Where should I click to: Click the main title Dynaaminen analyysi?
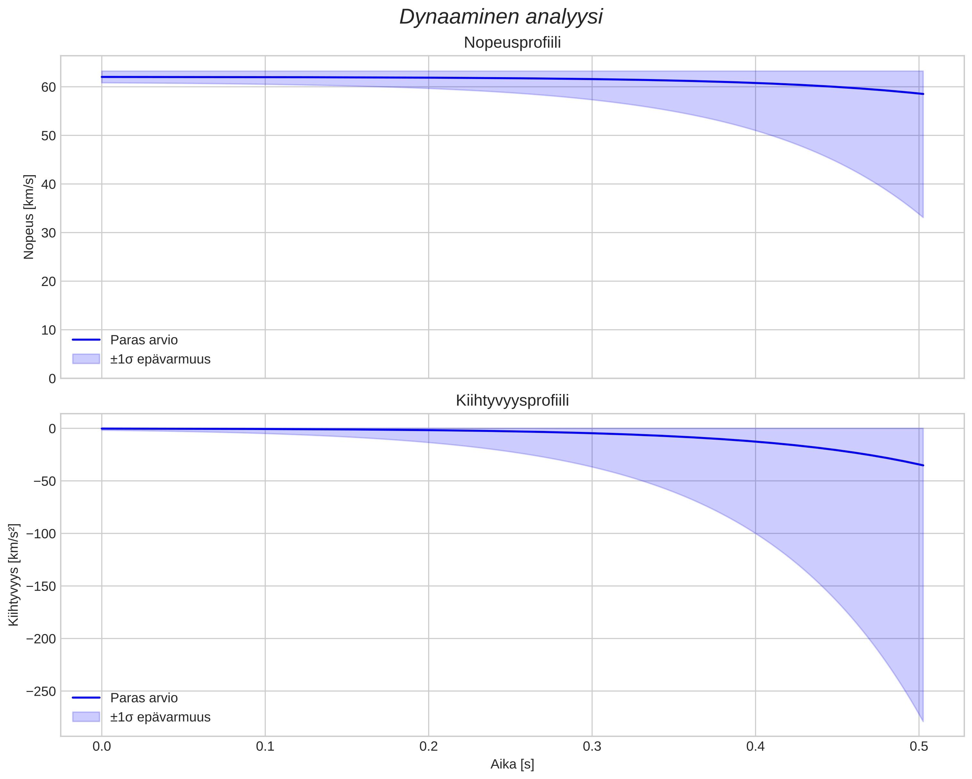tap(501, 17)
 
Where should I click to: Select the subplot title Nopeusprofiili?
tap(512, 43)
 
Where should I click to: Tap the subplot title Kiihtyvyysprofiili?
tap(512, 400)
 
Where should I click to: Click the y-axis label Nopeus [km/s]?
tap(29, 217)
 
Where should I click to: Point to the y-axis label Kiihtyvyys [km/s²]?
tap(14, 575)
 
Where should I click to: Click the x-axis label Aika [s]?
tap(512, 764)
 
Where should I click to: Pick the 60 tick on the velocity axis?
tap(48, 87)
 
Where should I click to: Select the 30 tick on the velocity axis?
tap(48, 233)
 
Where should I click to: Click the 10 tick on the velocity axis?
tap(48, 330)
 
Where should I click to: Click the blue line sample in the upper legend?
tap(85, 339)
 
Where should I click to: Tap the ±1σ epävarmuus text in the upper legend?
tap(160, 359)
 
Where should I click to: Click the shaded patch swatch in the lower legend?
tap(85, 717)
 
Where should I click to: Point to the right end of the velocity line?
tap(923, 94)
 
